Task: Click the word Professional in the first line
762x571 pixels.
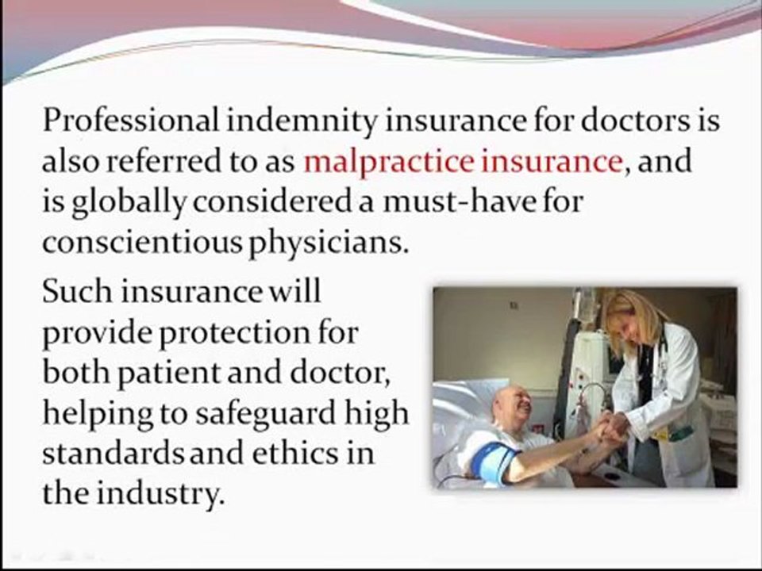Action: pyautogui.click(x=128, y=121)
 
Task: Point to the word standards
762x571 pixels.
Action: pyautogui.click(x=110, y=454)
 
